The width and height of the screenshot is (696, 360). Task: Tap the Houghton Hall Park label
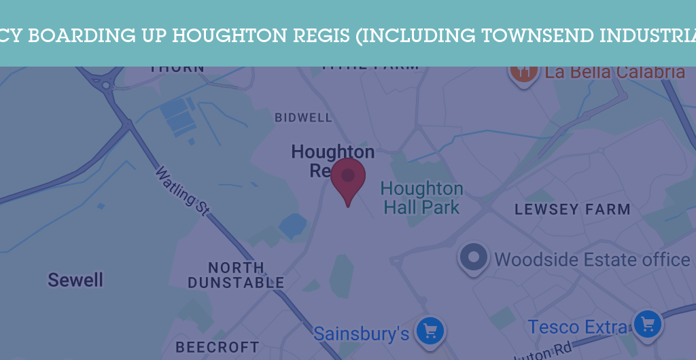tap(422, 198)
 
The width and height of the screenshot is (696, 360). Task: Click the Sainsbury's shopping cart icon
tap(430, 331)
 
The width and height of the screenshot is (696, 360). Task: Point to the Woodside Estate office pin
tap(474, 257)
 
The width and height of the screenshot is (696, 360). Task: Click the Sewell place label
tap(75, 279)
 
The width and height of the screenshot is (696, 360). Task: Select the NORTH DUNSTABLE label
tap(236, 275)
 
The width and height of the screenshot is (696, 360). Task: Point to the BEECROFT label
tap(217, 347)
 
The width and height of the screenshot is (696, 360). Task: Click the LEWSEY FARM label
tap(572, 210)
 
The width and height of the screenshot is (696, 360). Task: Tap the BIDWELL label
tap(303, 118)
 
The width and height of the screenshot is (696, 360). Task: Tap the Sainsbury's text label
tap(361, 334)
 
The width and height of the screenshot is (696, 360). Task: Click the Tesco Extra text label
tap(578, 327)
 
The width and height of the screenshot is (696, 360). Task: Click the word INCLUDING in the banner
tap(417, 35)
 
